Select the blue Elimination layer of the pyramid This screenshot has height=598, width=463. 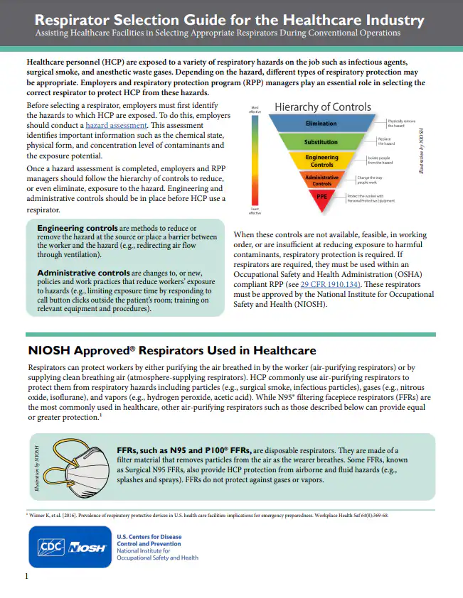coord(321,124)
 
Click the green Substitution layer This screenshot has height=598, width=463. coord(321,142)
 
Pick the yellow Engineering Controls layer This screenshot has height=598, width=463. coord(321,161)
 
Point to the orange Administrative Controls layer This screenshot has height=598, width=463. coord(321,180)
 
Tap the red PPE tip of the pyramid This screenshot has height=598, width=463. coord(321,196)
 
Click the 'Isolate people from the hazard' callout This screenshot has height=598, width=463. coord(382,161)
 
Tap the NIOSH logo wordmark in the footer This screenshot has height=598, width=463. coord(87,548)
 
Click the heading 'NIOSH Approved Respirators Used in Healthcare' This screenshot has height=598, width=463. coord(171,350)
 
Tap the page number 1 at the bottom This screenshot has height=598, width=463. coord(26,576)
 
